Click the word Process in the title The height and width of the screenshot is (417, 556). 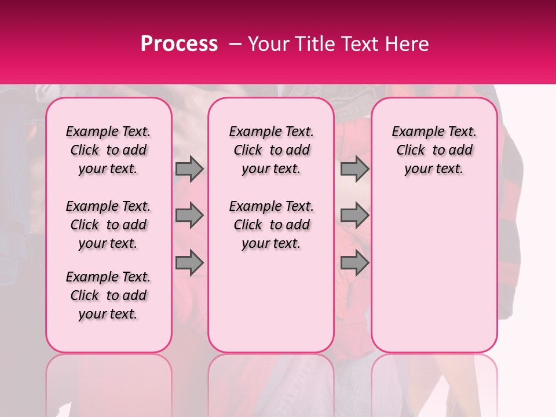point(178,44)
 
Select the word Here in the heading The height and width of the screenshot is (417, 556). point(408,44)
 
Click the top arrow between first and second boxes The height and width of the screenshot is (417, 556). point(189,169)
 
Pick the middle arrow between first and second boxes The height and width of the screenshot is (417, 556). point(189,215)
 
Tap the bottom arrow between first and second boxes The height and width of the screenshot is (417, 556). point(189,263)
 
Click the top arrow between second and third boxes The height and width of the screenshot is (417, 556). point(354,169)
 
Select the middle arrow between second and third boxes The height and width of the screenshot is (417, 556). point(354,215)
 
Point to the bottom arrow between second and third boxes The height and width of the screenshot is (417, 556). point(354,263)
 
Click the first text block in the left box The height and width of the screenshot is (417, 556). point(108,150)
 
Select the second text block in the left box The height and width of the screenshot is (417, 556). point(108,225)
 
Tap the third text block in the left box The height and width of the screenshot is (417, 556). point(108,295)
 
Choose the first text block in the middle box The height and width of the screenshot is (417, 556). point(271,150)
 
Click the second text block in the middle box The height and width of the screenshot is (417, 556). point(271,225)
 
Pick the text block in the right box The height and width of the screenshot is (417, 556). point(434,150)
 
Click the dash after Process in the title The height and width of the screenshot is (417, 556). point(236,44)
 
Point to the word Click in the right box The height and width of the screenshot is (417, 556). point(411,151)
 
